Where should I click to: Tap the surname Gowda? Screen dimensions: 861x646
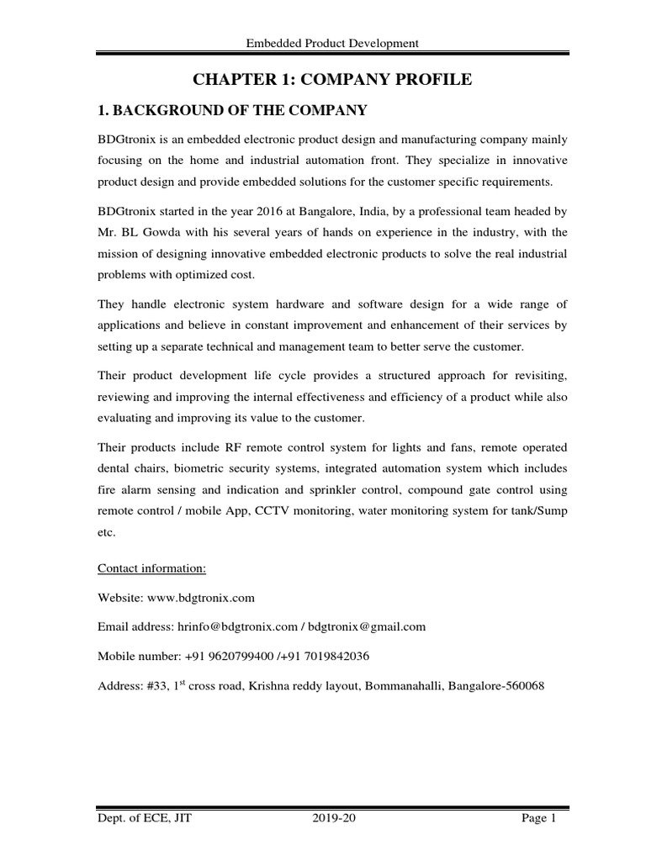[163, 231]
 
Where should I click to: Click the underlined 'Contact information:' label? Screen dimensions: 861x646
[151, 568]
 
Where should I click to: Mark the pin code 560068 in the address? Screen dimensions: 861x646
[524, 685]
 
